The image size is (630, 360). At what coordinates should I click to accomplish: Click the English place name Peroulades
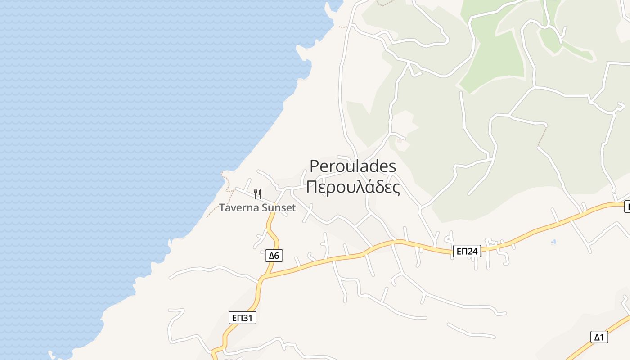point(353,166)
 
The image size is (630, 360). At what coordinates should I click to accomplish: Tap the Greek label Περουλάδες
point(353,187)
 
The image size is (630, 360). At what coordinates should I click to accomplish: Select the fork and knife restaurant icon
point(257,194)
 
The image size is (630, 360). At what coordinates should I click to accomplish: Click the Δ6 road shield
point(274,256)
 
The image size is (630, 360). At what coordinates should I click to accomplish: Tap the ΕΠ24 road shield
point(466,251)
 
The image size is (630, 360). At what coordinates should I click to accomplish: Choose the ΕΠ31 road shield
point(242,318)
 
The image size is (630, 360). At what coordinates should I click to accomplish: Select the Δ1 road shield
point(599,337)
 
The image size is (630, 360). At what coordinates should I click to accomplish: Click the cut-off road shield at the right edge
point(627,207)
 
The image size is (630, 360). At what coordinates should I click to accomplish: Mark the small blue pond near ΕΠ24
point(553,242)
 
